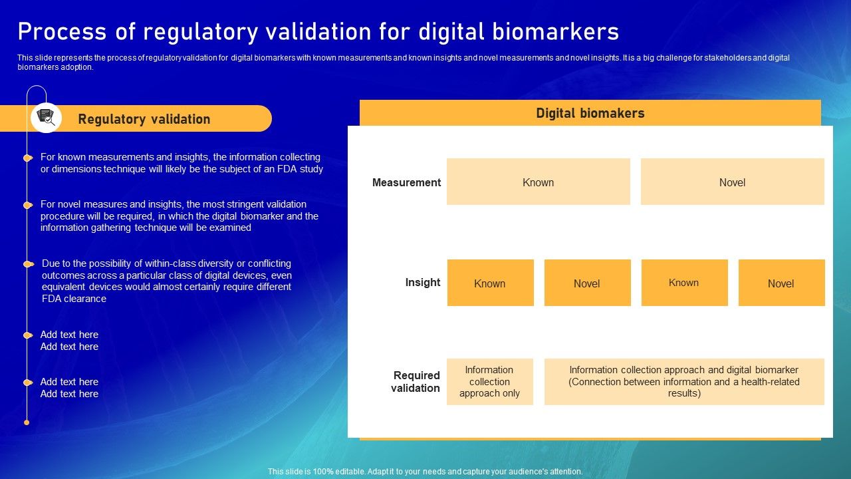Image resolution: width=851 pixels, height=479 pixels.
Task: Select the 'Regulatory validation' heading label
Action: point(144,119)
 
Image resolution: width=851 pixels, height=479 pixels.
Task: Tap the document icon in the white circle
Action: point(46,118)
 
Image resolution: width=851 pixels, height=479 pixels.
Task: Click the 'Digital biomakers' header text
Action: point(590,113)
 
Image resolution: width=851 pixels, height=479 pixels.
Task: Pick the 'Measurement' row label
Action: point(406,182)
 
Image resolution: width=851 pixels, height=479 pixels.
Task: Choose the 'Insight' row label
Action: point(423,282)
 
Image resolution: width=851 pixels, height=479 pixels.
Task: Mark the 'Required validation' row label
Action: point(416,381)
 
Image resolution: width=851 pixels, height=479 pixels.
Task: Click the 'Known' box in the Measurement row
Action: point(538,182)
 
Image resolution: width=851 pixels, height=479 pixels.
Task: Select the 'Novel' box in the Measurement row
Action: point(732,182)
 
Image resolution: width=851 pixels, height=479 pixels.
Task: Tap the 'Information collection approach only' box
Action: point(489,381)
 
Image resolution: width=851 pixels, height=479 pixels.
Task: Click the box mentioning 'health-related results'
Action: point(684,381)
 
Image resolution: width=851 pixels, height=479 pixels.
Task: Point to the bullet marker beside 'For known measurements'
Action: point(27,158)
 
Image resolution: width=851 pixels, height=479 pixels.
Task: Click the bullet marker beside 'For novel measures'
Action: point(27,205)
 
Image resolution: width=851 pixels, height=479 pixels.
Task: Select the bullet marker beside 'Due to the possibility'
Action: point(27,264)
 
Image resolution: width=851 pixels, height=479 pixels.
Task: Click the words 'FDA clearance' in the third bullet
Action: point(74,299)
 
